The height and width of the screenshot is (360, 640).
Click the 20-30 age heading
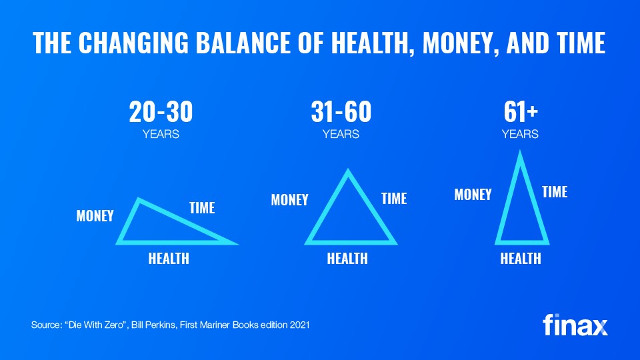(x=161, y=112)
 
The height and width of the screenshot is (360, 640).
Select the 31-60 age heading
(x=341, y=112)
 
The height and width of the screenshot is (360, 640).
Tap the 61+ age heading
(x=521, y=112)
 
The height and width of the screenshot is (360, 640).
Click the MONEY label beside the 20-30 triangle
(x=95, y=216)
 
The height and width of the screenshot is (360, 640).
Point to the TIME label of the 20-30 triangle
(x=202, y=208)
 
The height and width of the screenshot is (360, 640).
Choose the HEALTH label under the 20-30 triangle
(x=169, y=259)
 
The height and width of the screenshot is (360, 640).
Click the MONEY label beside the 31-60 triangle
(x=290, y=200)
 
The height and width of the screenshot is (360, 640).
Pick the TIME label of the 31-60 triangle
(x=394, y=199)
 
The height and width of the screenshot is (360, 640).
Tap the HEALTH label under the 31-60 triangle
(x=347, y=259)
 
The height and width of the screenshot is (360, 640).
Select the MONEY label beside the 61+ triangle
(x=473, y=195)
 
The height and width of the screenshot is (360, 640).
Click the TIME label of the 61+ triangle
(x=555, y=192)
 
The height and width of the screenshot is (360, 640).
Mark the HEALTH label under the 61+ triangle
(x=521, y=259)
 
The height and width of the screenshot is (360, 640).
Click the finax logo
(x=575, y=325)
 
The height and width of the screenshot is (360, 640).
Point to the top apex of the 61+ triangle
(x=520, y=151)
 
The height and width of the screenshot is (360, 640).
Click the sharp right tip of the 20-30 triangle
(x=239, y=245)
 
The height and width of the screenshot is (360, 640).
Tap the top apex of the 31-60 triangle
(x=348, y=169)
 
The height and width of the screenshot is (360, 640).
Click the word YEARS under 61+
(x=520, y=134)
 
